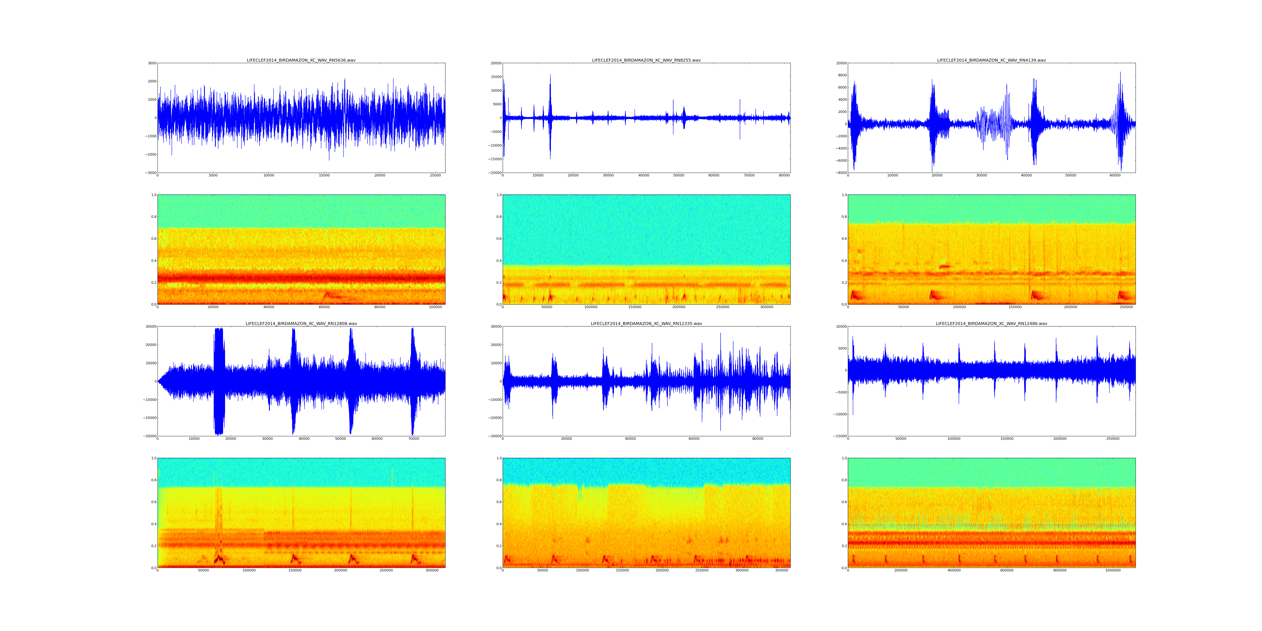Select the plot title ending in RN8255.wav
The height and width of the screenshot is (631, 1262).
click(646, 60)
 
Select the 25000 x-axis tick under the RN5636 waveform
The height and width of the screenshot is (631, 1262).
click(435, 175)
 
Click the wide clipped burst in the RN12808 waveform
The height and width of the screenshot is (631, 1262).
click(219, 381)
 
